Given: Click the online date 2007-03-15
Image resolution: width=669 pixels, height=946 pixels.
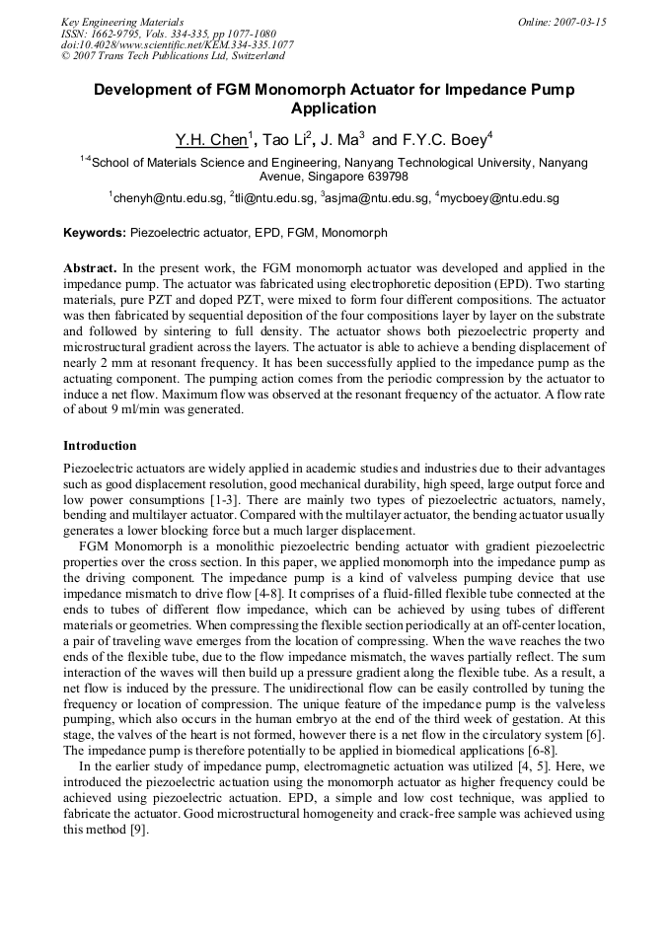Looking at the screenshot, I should coord(577,22).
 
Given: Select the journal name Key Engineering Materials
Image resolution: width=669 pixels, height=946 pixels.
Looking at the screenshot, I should coord(122,22).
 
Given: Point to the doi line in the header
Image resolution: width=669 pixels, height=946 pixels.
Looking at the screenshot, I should coord(177,45).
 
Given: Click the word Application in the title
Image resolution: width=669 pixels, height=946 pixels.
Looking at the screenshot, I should coord(334,109).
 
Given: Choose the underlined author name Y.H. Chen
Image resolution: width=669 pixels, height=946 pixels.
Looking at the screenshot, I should coord(209,141).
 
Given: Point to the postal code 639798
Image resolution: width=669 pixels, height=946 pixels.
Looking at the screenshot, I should coord(386,177).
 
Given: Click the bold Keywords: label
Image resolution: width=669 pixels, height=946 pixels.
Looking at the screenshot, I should coord(95,234).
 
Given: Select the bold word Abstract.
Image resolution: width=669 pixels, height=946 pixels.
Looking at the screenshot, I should coord(91,268).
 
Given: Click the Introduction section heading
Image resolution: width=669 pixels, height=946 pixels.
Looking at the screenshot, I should coord(100,446).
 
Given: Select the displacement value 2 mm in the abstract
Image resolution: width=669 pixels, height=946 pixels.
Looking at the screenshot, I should coord(113,363).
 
